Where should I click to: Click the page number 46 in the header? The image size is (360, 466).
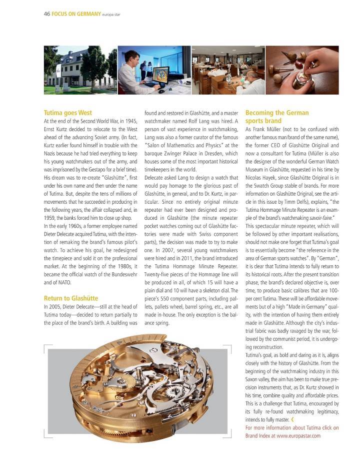coord(46,14)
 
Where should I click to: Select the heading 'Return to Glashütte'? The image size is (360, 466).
coord(71,299)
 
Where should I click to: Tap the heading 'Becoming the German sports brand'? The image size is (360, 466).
coord(277,117)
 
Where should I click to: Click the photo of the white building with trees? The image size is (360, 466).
coord(80,70)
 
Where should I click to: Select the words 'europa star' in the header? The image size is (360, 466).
coord(111,14)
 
